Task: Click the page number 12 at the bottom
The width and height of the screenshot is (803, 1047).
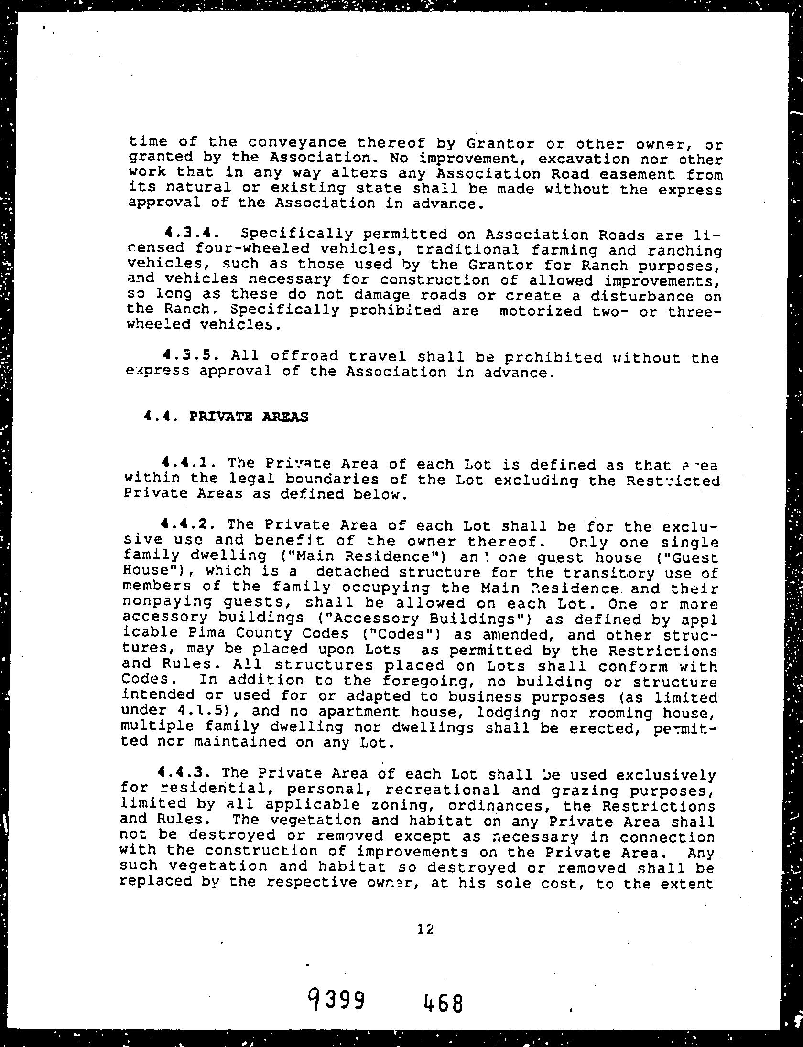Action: [425, 929]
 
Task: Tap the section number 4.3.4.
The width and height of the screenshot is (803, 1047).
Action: [191, 234]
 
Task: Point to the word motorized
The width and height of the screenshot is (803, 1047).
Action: [540, 311]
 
